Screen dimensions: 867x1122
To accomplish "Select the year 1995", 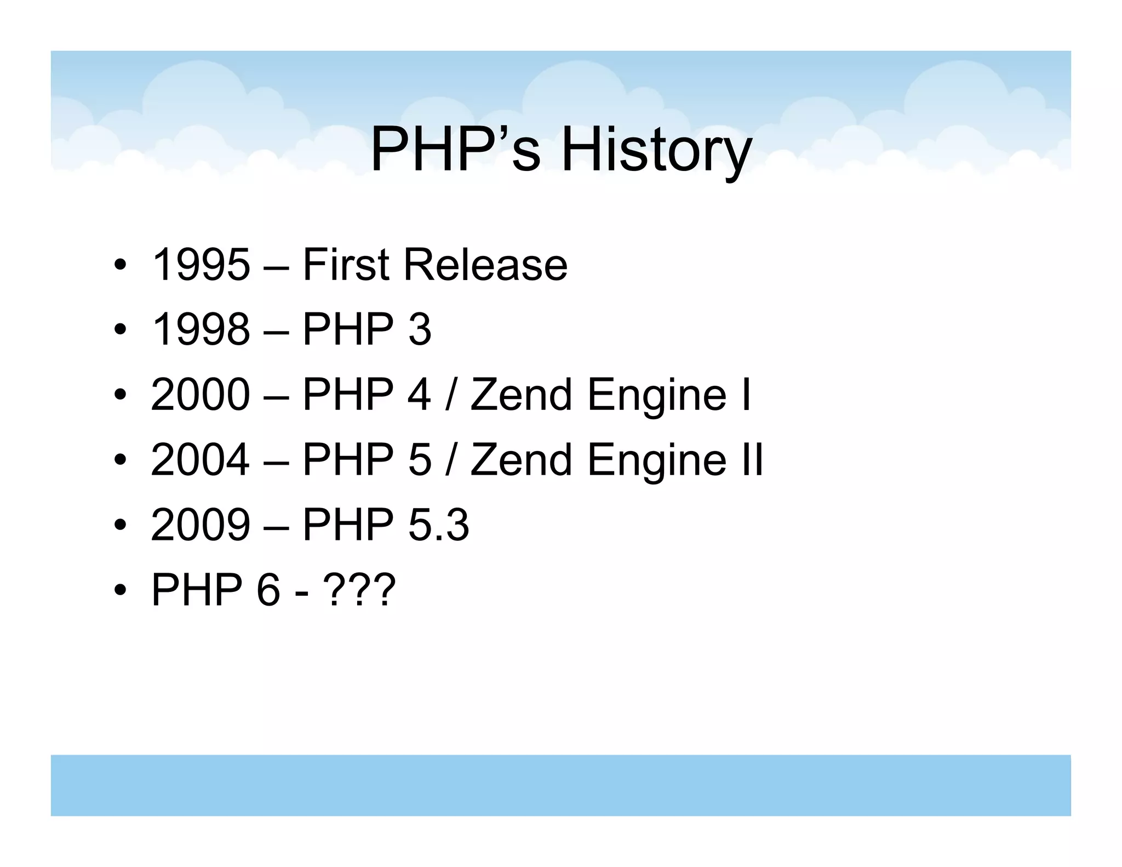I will (x=201, y=265).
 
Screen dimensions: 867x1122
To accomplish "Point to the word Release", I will (x=485, y=265).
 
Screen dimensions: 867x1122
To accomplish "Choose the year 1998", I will (x=201, y=329).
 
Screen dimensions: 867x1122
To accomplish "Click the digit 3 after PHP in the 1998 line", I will (x=420, y=329).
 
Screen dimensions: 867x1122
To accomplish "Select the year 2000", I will (x=201, y=395).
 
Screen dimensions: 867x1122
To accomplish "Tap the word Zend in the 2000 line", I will (x=521, y=395).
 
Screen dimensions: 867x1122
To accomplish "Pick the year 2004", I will (x=201, y=459).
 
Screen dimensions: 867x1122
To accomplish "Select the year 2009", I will (x=201, y=524).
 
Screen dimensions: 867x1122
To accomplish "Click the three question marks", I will (x=359, y=590).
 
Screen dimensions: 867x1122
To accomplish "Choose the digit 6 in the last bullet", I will (x=268, y=590).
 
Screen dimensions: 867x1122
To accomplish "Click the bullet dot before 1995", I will (x=121, y=266).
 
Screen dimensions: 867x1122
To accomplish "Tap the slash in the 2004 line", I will (x=450, y=459).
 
